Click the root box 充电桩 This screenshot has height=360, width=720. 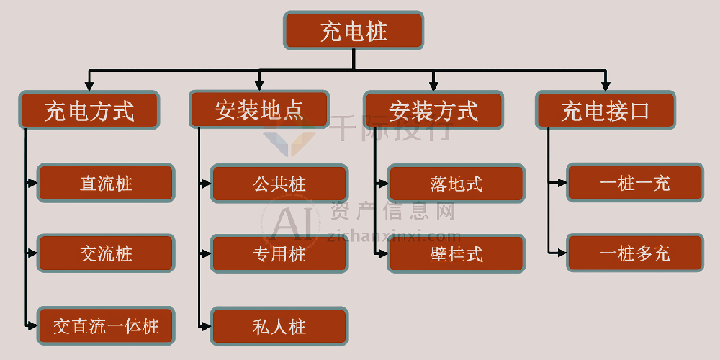pyautogui.click(x=354, y=31)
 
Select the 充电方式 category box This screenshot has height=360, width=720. pyautogui.click(x=89, y=110)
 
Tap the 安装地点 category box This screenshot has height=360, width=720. pyautogui.click(x=259, y=110)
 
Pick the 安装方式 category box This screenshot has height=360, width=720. pyautogui.click(x=433, y=111)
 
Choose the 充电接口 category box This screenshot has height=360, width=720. pyautogui.click(x=605, y=110)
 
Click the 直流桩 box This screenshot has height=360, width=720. pyautogui.click(x=106, y=183)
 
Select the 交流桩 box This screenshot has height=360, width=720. pyautogui.click(x=106, y=253)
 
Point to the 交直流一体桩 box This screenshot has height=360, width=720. pyautogui.click(x=106, y=326)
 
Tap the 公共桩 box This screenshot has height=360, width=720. pyautogui.click(x=279, y=183)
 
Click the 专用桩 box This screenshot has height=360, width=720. pyautogui.click(x=279, y=253)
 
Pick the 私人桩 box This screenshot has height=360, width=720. pyautogui.click(x=279, y=326)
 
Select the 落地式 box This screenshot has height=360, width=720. pyautogui.click(x=456, y=184)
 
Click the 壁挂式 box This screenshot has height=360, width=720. pyautogui.click(x=456, y=253)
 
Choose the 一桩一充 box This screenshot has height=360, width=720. pyautogui.click(x=635, y=183)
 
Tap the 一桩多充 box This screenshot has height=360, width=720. pyautogui.click(x=635, y=253)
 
